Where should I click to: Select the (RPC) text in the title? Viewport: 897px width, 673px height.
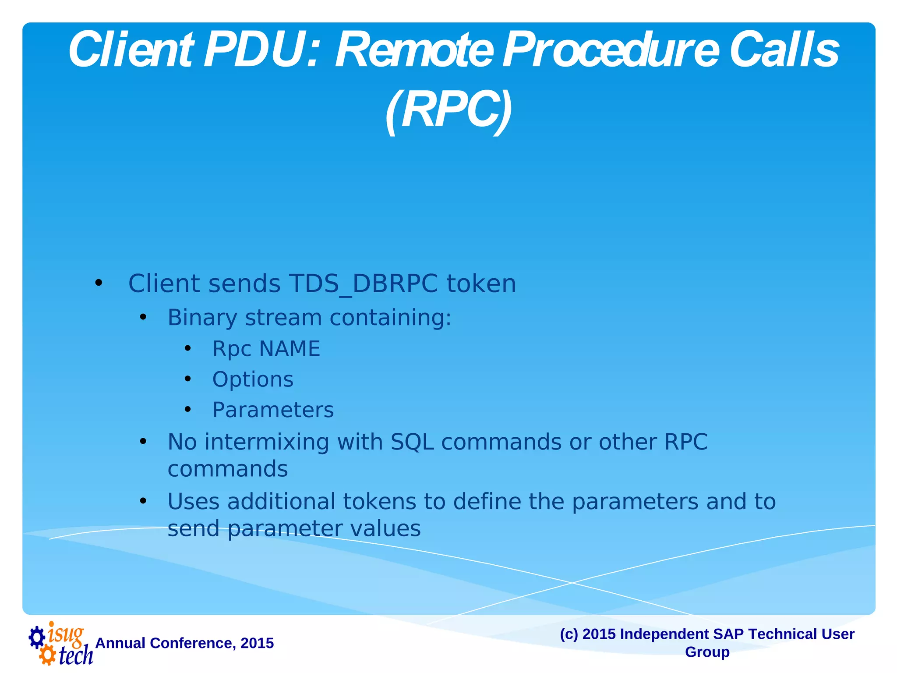click(448, 110)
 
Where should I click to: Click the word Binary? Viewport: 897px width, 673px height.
click(202, 318)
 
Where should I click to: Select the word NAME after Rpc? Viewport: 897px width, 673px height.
click(290, 349)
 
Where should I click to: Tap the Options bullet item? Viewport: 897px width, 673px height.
click(253, 379)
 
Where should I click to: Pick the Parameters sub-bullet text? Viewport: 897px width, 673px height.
click(273, 410)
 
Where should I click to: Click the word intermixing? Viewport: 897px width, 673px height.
click(267, 442)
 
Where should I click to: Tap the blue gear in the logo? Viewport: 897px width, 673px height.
click(37, 637)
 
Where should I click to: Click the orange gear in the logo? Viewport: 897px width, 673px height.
click(47, 656)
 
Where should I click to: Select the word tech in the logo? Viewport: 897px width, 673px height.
click(75, 655)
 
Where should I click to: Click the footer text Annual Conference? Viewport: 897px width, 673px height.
click(184, 643)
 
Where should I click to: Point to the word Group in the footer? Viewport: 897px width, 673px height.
click(707, 652)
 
